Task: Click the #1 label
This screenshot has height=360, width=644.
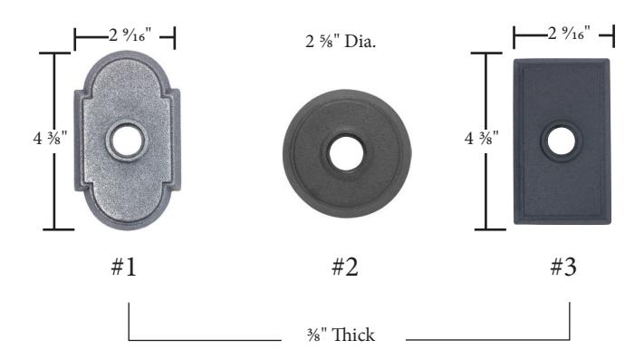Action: (x=123, y=267)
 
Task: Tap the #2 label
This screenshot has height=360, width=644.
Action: (x=345, y=267)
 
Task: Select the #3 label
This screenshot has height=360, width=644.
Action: (x=563, y=267)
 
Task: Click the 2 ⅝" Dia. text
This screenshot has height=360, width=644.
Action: (x=341, y=42)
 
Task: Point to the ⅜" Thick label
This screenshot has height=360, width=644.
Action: (x=341, y=335)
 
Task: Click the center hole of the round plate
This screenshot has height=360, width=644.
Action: (x=345, y=153)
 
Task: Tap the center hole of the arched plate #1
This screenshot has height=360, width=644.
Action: (x=127, y=141)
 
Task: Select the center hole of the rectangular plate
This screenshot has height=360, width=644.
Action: (x=561, y=141)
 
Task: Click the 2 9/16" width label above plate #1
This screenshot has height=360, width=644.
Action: (x=130, y=35)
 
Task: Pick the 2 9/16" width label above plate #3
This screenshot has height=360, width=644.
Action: (x=569, y=33)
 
